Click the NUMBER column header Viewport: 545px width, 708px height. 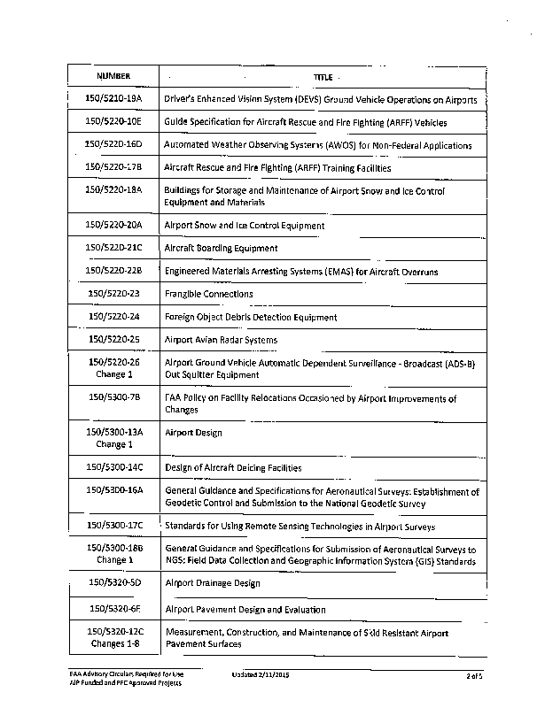pos(113,77)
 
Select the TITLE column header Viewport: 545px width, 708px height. pos(321,77)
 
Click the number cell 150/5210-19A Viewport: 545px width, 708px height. pos(113,99)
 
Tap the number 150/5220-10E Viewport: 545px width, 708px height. pos(113,122)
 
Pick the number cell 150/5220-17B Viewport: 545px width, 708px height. pos(113,167)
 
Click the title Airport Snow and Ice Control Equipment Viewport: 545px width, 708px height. pos(245,226)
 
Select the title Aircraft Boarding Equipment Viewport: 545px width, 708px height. pos(221,249)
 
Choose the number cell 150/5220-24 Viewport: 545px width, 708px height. pos(113,317)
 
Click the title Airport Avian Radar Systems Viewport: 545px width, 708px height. pos(221,340)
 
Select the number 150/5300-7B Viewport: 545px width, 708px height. pos(113,398)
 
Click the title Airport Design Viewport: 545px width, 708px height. pos(193,433)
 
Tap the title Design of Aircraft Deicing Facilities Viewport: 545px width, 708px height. pos(233,467)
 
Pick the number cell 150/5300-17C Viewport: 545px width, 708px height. pos(113,526)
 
